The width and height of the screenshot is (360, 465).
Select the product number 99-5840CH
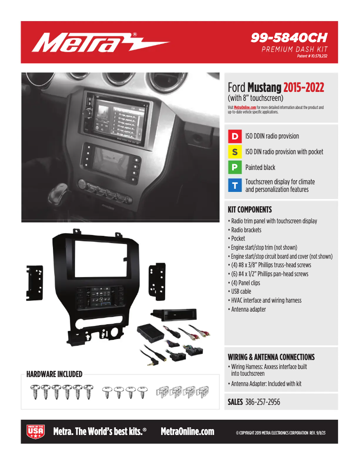pyautogui.click(x=289, y=38)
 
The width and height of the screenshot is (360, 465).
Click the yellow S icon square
pyautogui.click(x=235, y=152)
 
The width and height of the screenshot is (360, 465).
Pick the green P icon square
pyautogui.click(x=235, y=168)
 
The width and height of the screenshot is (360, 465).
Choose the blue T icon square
pyautogui.click(x=235, y=186)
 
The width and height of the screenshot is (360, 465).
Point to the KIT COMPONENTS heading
pyautogui.click(x=250, y=209)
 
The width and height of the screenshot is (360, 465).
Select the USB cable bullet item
pyautogui.click(x=241, y=291)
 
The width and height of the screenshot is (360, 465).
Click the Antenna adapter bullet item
pyautogui.click(x=248, y=309)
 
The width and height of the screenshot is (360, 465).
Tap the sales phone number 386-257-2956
pyautogui.click(x=263, y=402)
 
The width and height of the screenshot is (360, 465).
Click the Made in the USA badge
pyautogui.click(x=36, y=431)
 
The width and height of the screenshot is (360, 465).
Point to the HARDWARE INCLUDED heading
pyautogui.click(x=54, y=374)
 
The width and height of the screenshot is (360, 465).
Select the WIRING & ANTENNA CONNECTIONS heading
pyautogui.click(x=271, y=357)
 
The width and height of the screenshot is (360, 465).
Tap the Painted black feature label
pyautogui.click(x=260, y=168)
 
